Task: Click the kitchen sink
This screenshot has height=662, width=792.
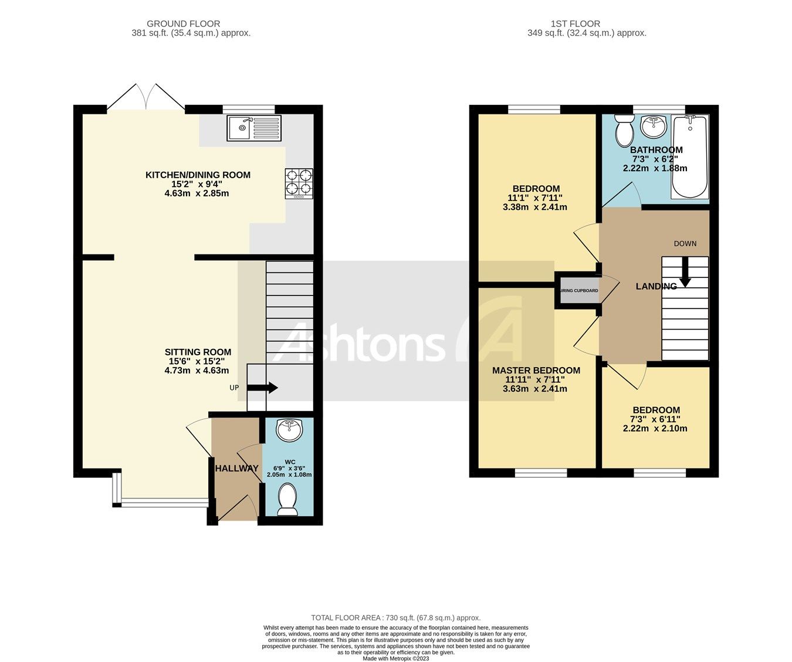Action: pyautogui.click(x=255, y=128)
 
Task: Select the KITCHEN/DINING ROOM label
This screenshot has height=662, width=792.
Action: pyautogui.click(x=198, y=175)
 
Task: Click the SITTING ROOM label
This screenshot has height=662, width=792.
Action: pyautogui.click(x=198, y=352)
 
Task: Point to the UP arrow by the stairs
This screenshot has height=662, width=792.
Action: pyautogui.click(x=262, y=388)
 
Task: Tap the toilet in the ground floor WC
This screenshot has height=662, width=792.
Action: pyautogui.click(x=288, y=499)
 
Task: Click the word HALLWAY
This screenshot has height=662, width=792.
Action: pyautogui.click(x=236, y=468)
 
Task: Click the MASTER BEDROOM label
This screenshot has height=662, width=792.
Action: pyautogui.click(x=536, y=370)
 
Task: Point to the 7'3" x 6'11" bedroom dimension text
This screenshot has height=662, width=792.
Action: pyautogui.click(x=655, y=419)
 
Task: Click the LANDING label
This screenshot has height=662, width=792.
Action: pyautogui.click(x=656, y=286)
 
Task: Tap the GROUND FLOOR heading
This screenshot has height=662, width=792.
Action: pyautogui.click(x=183, y=24)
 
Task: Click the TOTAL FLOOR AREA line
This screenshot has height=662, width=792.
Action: pyautogui.click(x=395, y=617)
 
